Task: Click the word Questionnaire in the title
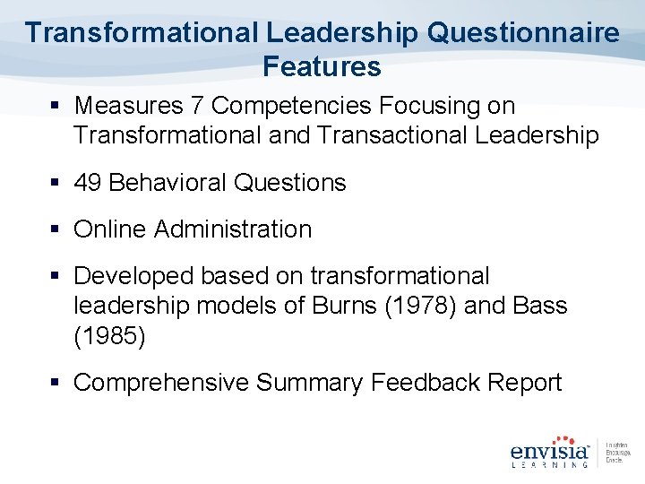pos(524,33)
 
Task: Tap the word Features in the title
pos(322,66)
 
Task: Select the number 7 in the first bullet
pos(199,106)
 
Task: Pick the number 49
pos(88,183)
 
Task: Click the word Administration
pos(233,229)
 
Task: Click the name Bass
pos(541,306)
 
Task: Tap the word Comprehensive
pos(161,383)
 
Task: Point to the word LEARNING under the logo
pos(548,464)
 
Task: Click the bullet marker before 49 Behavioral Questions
pos(55,184)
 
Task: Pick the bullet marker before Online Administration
pos(55,230)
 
